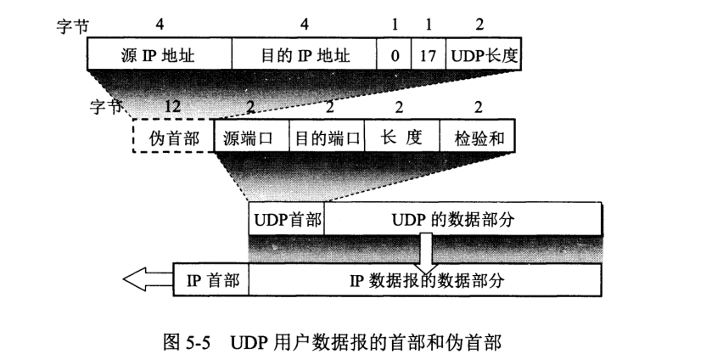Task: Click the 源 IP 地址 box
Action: point(159,58)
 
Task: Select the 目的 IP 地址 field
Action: point(304,58)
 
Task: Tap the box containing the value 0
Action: point(395,58)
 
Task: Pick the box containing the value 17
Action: point(429,58)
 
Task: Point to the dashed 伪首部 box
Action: point(172,136)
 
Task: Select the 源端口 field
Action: point(250,136)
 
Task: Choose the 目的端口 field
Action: point(327,136)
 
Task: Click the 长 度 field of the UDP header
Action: point(401,136)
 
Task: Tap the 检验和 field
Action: point(477,136)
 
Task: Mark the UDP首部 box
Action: point(286,219)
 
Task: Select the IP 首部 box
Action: point(211,278)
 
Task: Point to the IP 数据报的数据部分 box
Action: point(424,278)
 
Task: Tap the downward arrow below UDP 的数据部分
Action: point(427,251)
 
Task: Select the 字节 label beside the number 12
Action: point(106,108)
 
